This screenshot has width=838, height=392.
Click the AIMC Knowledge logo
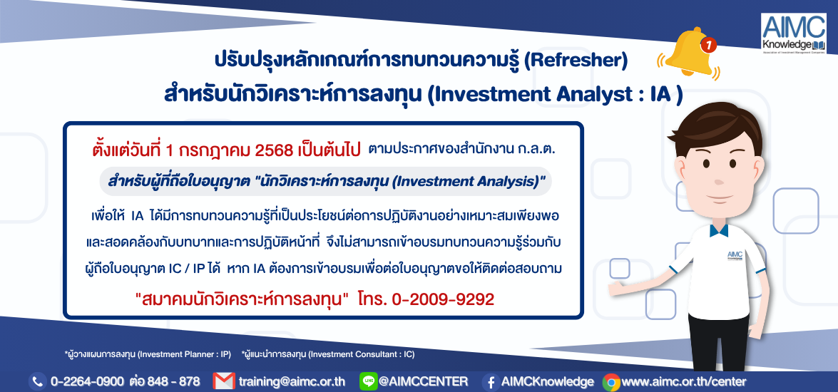[x=794, y=33]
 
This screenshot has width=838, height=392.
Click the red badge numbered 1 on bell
[x=708, y=46]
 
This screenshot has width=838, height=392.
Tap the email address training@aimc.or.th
[x=292, y=382]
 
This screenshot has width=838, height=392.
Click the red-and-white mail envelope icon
[x=224, y=381]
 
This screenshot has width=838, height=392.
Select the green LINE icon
[x=368, y=381]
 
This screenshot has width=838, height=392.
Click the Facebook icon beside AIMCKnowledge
[x=491, y=382]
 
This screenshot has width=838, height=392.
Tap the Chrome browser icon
[x=611, y=382]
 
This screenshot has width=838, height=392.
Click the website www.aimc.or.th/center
[x=683, y=382]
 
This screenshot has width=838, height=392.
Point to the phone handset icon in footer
[x=37, y=382]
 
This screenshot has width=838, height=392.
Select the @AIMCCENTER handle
[x=422, y=382]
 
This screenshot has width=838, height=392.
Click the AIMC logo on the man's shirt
[x=735, y=255]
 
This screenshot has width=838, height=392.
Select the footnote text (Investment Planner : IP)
[x=184, y=354]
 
